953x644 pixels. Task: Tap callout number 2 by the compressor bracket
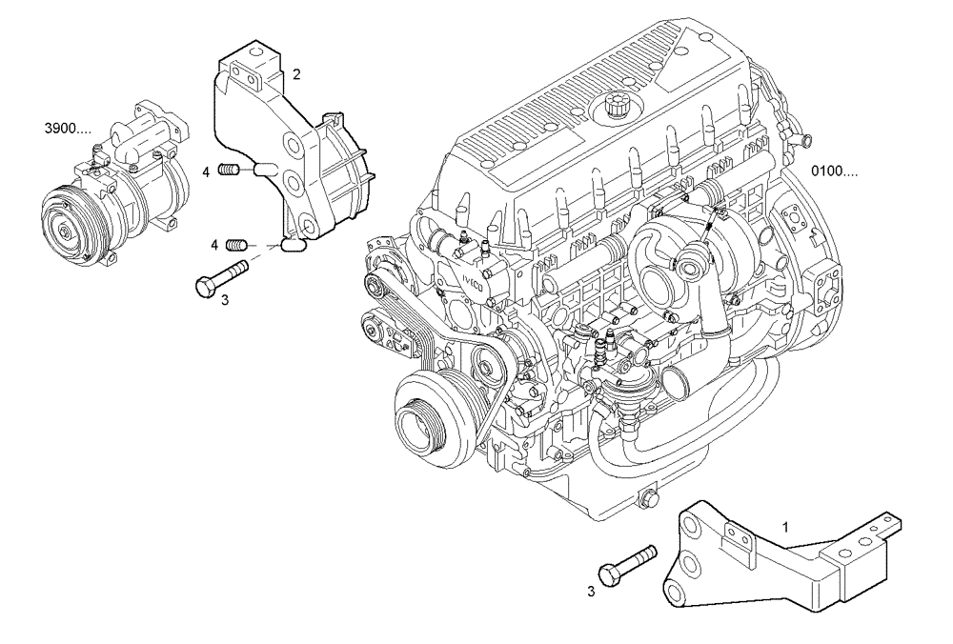click(296, 73)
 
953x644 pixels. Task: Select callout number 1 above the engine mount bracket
click(785, 525)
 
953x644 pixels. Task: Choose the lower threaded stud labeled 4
click(236, 245)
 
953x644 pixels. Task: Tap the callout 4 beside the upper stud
click(206, 171)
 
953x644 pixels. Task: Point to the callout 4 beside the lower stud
click(216, 246)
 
